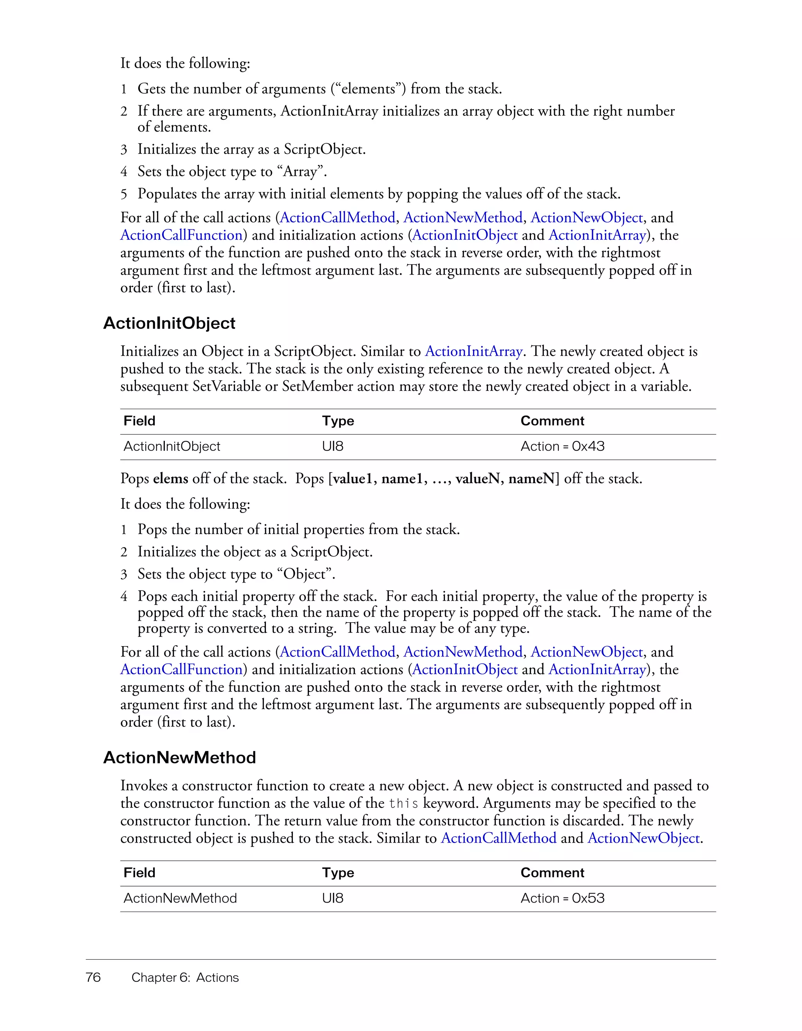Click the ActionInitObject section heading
pyautogui.click(x=169, y=323)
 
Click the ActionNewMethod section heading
pyautogui.click(x=179, y=758)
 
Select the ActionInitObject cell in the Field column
pyautogui.click(x=172, y=446)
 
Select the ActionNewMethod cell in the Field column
pyautogui.click(x=180, y=898)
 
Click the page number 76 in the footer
pyautogui.click(x=93, y=977)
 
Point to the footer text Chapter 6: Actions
pyautogui.click(x=185, y=978)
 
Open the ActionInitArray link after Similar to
pyautogui.click(x=473, y=352)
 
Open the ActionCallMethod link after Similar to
pyautogui.click(x=499, y=838)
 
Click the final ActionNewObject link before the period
pyautogui.click(x=643, y=838)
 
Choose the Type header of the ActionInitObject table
pyautogui.click(x=338, y=421)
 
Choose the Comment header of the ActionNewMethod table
pyautogui.click(x=552, y=873)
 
